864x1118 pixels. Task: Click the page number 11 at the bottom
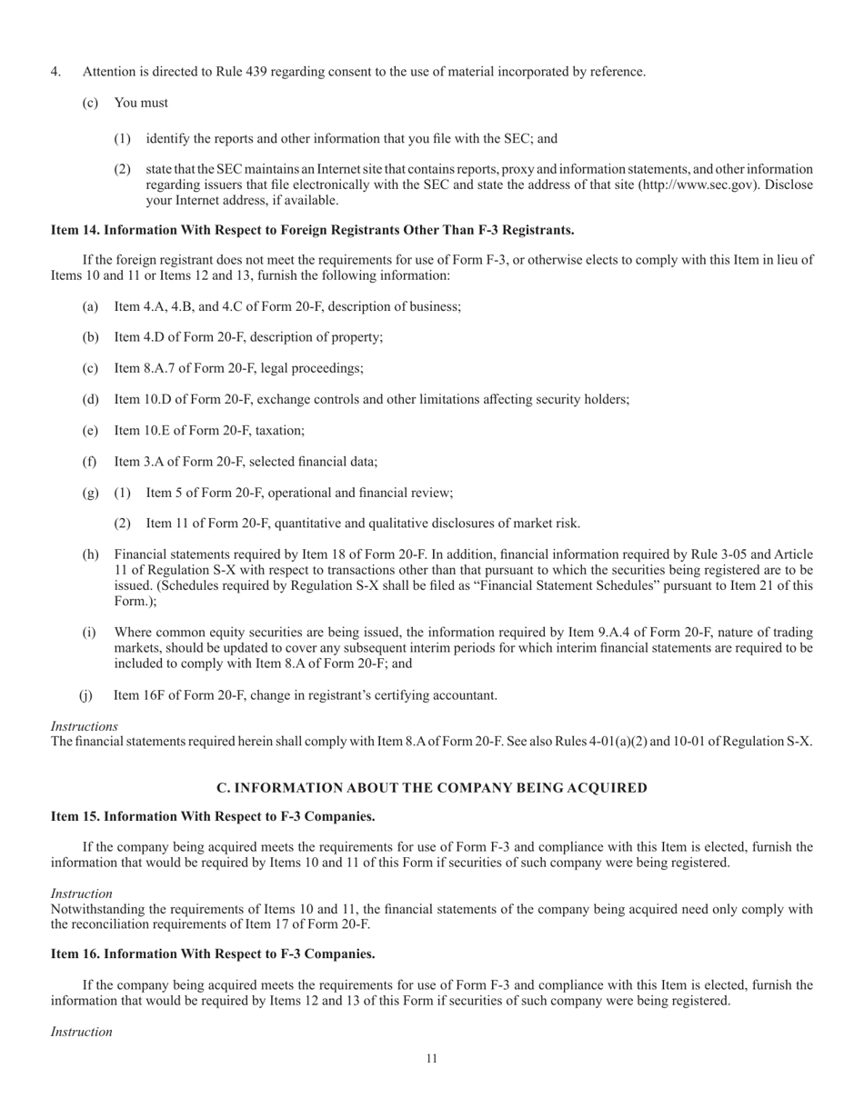pos(431,1059)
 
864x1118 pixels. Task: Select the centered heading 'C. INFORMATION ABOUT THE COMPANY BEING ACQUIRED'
pos(431,788)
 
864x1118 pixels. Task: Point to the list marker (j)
pos(86,695)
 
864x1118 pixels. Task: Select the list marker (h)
pos(90,554)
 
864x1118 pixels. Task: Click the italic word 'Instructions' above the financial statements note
pos(84,726)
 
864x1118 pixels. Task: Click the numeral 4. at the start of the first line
pos(55,72)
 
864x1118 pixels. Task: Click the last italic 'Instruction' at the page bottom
pos(81,1032)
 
